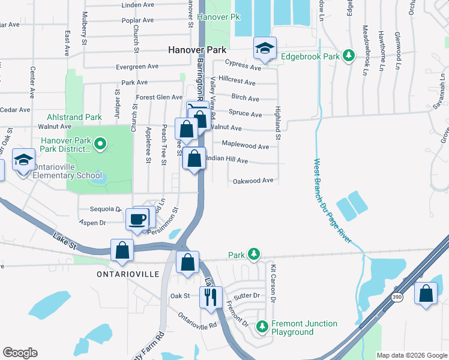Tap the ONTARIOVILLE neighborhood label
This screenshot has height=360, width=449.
click(128, 274)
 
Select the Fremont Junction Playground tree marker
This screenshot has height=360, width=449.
click(262, 326)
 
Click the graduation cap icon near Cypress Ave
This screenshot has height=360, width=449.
click(264, 49)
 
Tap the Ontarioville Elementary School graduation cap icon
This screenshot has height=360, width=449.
click(23, 160)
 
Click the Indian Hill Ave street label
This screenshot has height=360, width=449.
click(227, 160)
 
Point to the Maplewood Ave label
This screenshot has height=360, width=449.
click(246, 146)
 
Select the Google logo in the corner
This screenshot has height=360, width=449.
click(20, 352)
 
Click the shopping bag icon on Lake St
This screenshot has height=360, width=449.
click(122, 250)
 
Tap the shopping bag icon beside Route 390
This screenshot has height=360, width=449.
click(426, 293)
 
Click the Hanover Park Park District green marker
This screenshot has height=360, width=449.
click(100, 143)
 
